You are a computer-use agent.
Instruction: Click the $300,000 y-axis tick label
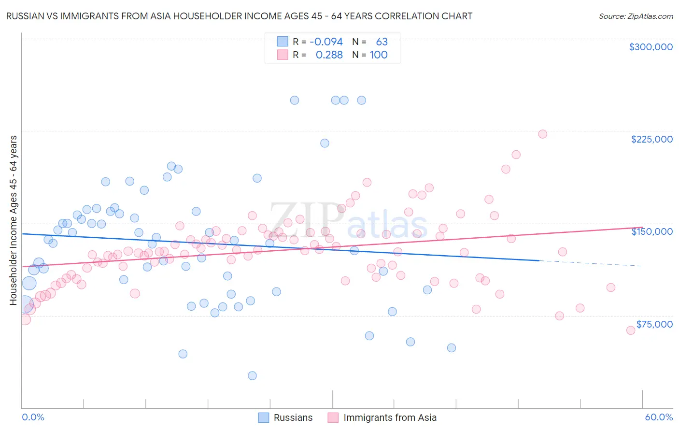tap(651, 47)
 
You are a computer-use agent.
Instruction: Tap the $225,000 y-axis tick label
tap(651, 139)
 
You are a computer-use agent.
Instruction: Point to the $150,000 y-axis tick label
tap(651, 231)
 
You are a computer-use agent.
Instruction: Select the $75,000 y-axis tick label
tap(654, 324)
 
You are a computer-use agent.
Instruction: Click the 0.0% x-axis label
tap(33, 417)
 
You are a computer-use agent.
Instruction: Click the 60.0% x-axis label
tap(659, 417)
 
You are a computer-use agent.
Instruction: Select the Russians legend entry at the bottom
tap(285, 417)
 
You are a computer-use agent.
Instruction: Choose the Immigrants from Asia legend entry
tap(382, 417)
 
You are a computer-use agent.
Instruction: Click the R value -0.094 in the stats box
tap(326, 42)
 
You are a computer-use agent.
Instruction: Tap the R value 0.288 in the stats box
tap(329, 55)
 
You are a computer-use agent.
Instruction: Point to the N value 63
tap(382, 42)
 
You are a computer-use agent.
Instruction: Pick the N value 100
tap(379, 55)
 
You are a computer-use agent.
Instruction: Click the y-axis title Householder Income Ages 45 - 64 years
tap(13, 220)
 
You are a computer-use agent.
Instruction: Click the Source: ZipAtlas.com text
tap(636, 16)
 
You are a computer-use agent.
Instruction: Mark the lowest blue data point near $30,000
tap(252, 375)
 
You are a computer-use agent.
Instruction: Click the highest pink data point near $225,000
tap(542, 134)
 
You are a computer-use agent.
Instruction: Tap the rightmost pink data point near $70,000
tap(630, 330)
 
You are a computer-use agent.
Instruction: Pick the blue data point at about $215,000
tap(325, 143)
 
